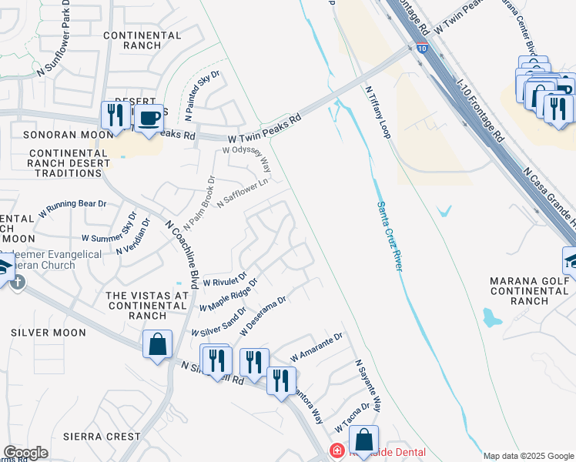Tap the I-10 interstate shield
click(x=421, y=48)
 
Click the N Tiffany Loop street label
click(x=377, y=112)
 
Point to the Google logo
click(x=25, y=453)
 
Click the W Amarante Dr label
click(x=316, y=348)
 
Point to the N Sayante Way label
click(x=368, y=385)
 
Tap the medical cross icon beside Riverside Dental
click(x=336, y=450)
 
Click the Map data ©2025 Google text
click(x=529, y=456)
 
